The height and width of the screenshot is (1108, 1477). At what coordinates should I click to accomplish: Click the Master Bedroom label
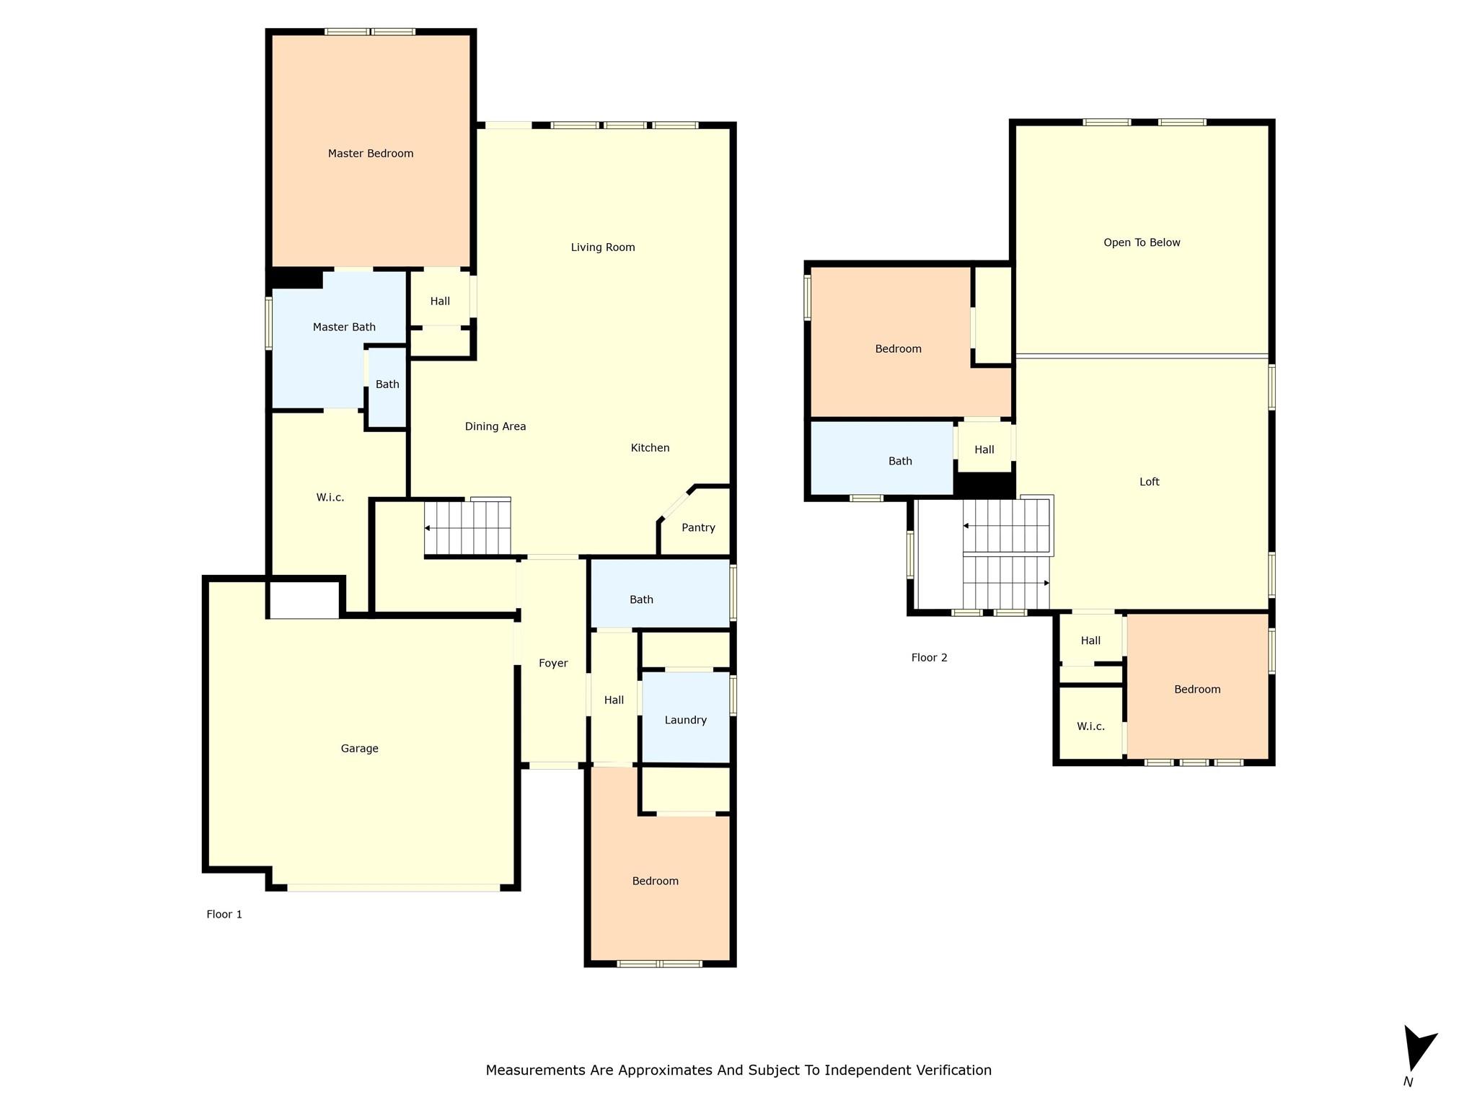tap(371, 153)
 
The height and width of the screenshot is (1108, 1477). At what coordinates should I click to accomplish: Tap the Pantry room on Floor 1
tap(697, 527)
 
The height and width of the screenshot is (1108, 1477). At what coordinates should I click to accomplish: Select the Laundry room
tap(685, 719)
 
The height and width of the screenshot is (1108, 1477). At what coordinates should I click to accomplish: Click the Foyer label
tap(553, 663)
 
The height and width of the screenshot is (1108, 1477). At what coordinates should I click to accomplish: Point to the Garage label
tap(359, 748)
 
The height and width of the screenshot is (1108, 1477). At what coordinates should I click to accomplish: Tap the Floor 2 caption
tap(929, 657)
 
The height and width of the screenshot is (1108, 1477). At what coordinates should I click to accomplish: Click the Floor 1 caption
tap(224, 914)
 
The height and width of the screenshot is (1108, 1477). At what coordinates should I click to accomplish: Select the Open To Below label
tap(1142, 242)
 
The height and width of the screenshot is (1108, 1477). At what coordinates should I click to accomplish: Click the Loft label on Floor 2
tap(1149, 482)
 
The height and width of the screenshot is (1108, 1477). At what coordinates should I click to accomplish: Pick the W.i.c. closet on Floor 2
tap(1090, 726)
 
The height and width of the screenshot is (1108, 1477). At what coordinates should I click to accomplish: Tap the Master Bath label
tap(344, 327)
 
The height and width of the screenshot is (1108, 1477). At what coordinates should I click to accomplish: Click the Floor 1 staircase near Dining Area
tap(467, 528)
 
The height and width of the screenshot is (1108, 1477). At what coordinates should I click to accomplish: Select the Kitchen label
tap(650, 448)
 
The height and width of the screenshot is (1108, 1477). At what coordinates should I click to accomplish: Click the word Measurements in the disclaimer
tap(535, 1070)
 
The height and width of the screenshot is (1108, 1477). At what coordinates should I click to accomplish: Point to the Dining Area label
tap(495, 426)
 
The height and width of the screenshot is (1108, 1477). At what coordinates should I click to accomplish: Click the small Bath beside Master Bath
tap(387, 384)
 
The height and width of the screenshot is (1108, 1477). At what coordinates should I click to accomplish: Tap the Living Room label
tap(603, 247)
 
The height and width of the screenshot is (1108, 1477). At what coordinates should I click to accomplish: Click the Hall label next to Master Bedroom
tap(440, 301)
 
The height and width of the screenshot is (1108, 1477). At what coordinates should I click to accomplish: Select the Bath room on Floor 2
tap(900, 461)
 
